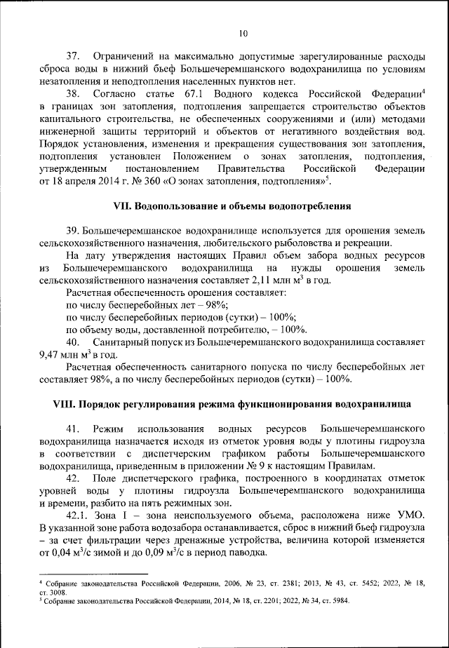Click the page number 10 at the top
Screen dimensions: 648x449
243,33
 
